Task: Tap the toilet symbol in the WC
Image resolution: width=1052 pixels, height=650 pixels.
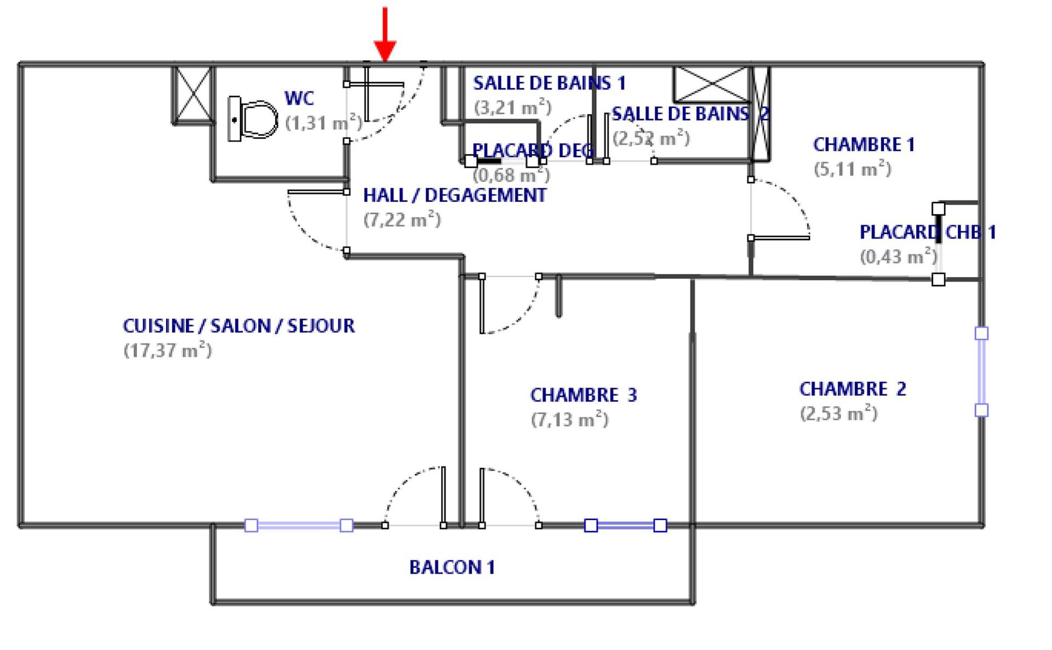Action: [x=253, y=119]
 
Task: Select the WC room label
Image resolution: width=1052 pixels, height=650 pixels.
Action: [x=299, y=99]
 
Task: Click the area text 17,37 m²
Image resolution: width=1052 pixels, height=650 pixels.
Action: [x=167, y=350]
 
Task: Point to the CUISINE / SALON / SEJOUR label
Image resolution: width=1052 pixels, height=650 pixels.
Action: [x=238, y=326]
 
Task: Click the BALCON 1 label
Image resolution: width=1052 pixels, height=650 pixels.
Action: [x=452, y=567]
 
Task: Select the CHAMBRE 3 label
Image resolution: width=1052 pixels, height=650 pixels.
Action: [x=584, y=395]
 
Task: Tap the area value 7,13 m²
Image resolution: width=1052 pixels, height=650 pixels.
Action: [x=569, y=420]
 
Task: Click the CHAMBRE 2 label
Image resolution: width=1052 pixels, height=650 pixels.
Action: [x=853, y=389]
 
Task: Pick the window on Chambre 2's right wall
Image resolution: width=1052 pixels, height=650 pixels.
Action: [x=981, y=372]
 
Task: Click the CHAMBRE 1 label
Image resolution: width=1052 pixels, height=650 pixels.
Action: [x=864, y=145]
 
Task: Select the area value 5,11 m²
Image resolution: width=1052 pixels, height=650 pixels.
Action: [x=852, y=169]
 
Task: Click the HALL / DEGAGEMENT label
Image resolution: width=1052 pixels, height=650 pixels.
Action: [x=454, y=196]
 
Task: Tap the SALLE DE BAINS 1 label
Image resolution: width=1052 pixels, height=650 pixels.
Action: [x=549, y=83]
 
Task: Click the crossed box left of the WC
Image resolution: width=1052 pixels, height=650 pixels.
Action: [x=192, y=94]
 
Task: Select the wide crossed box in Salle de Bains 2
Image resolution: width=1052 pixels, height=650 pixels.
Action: [x=711, y=84]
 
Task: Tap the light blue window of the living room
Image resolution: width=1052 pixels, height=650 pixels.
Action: [x=299, y=526]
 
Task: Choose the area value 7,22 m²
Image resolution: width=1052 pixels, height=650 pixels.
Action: [x=402, y=220]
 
